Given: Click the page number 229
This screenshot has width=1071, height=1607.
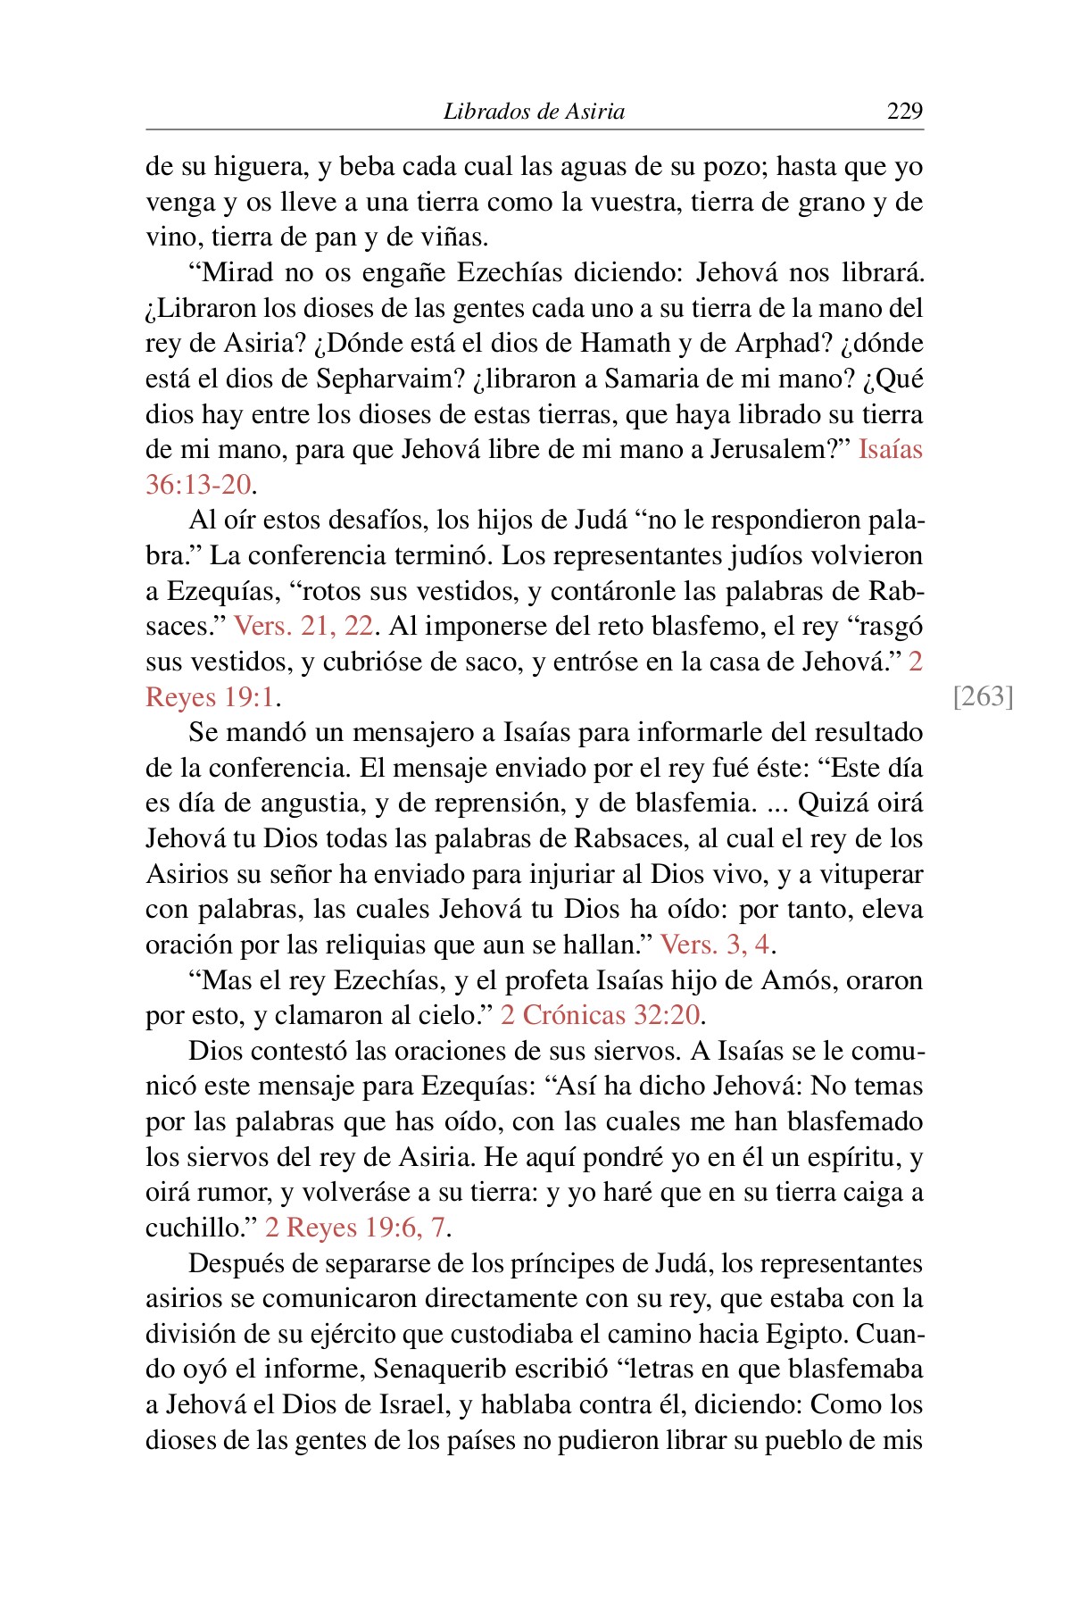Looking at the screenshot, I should (x=904, y=111).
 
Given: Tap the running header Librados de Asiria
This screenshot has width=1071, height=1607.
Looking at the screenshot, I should (x=534, y=112).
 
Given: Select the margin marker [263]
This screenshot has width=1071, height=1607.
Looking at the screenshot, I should (x=984, y=695).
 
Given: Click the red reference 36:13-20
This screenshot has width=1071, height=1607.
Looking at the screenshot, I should (x=198, y=485).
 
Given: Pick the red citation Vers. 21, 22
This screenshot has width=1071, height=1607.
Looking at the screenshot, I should (x=303, y=626).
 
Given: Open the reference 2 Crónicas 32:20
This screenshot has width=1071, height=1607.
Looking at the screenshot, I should (x=600, y=1015).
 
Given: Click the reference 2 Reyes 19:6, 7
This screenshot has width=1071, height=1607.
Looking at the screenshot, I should (x=354, y=1228).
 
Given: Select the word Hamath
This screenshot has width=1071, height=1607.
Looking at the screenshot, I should (x=626, y=343).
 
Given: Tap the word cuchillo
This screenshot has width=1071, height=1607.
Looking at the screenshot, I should (x=194, y=1228).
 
